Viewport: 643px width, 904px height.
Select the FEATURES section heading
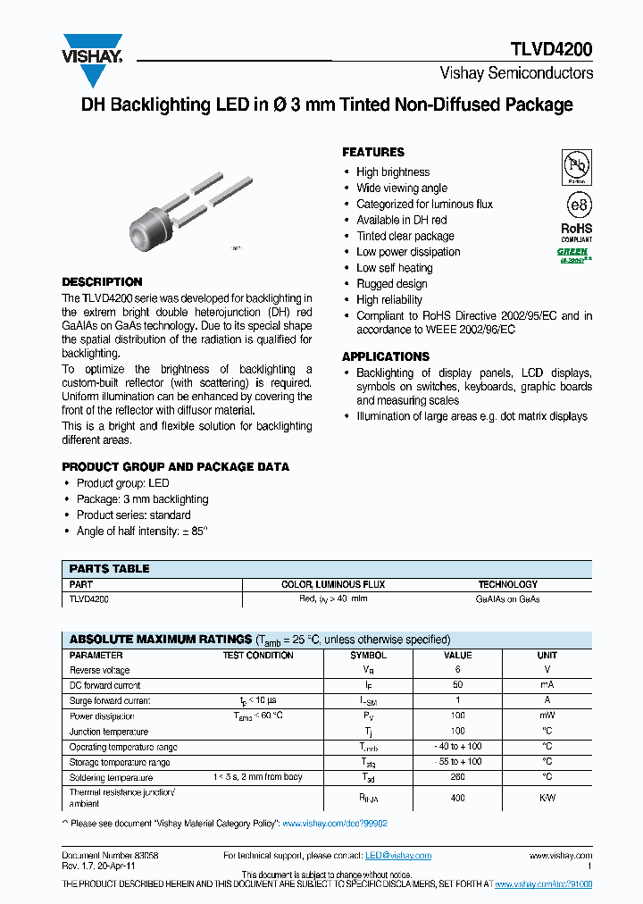click(x=373, y=153)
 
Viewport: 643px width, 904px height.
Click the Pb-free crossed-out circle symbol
click(x=576, y=167)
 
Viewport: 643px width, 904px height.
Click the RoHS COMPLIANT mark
click(x=576, y=232)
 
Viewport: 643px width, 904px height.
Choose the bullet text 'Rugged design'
click(x=391, y=284)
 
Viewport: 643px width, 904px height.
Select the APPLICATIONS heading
click(x=386, y=356)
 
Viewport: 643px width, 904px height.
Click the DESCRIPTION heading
click(x=102, y=282)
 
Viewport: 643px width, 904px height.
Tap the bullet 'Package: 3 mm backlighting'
click(x=142, y=499)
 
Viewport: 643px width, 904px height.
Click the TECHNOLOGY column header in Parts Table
click(x=507, y=584)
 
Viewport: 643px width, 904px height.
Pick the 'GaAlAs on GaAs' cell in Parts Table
click(x=507, y=599)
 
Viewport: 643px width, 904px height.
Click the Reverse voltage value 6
click(x=457, y=670)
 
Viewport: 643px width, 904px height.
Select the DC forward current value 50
click(x=457, y=685)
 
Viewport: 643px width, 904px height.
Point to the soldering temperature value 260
click(x=457, y=777)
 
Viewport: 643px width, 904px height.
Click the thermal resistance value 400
click(x=457, y=798)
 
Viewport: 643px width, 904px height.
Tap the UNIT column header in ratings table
click(x=547, y=655)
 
